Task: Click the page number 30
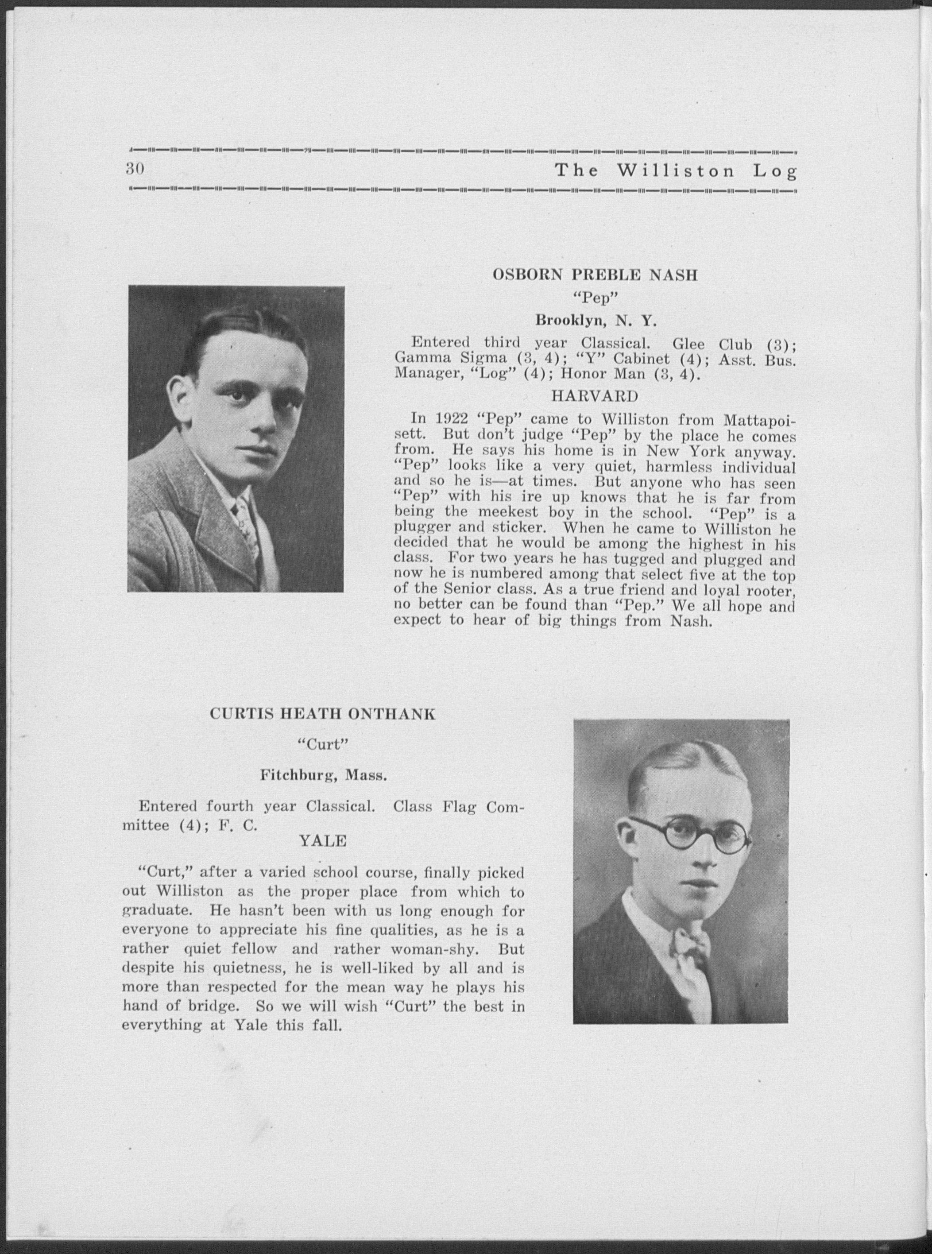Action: pyautogui.click(x=136, y=169)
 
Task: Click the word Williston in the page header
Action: pyautogui.click(x=676, y=170)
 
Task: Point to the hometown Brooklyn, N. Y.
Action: pyautogui.click(x=595, y=321)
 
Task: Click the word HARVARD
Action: pyautogui.click(x=595, y=397)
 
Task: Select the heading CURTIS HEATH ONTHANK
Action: pyautogui.click(x=323, y=714)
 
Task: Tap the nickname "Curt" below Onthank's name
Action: pyautogui.click(x=322, y=745)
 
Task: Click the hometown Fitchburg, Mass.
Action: pyautogui.click(x=323, y=776)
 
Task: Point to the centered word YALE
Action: pyautogui.click(x=323, y=841)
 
